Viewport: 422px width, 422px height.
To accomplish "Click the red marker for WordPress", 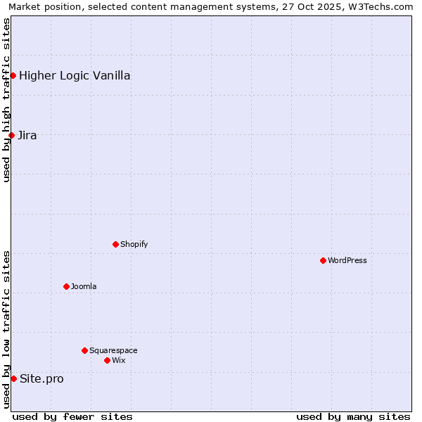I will [323, 260].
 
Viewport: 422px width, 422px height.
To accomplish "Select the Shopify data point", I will [115, 244].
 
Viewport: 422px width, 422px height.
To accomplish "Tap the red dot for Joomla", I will [66, 286].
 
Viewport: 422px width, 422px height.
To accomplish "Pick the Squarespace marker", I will [84, 350].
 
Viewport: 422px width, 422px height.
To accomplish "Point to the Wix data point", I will [107, 360].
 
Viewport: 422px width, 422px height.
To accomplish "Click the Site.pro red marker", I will [13, 378].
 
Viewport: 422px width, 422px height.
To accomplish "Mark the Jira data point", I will [11, 135].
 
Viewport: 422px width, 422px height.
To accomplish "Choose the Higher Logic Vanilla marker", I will [13, 75].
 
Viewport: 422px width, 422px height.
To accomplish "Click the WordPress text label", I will [347, 260].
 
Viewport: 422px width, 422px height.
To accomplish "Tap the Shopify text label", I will [134, 244].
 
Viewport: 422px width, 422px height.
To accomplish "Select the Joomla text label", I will [84, 286].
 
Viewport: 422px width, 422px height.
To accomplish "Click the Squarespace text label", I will [113, 350].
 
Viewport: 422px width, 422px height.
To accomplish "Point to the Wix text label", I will [118, 360].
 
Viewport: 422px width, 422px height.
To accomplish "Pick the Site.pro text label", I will [41, 378].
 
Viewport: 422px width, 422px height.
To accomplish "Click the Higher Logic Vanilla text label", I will [75, 75].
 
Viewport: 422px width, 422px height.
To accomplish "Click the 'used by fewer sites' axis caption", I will [72, 416].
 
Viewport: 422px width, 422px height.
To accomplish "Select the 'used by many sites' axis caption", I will [353, 416].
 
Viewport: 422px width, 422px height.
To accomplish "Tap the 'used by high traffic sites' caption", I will [6, 100].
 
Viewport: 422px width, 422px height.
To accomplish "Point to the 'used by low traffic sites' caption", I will [6, 329].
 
